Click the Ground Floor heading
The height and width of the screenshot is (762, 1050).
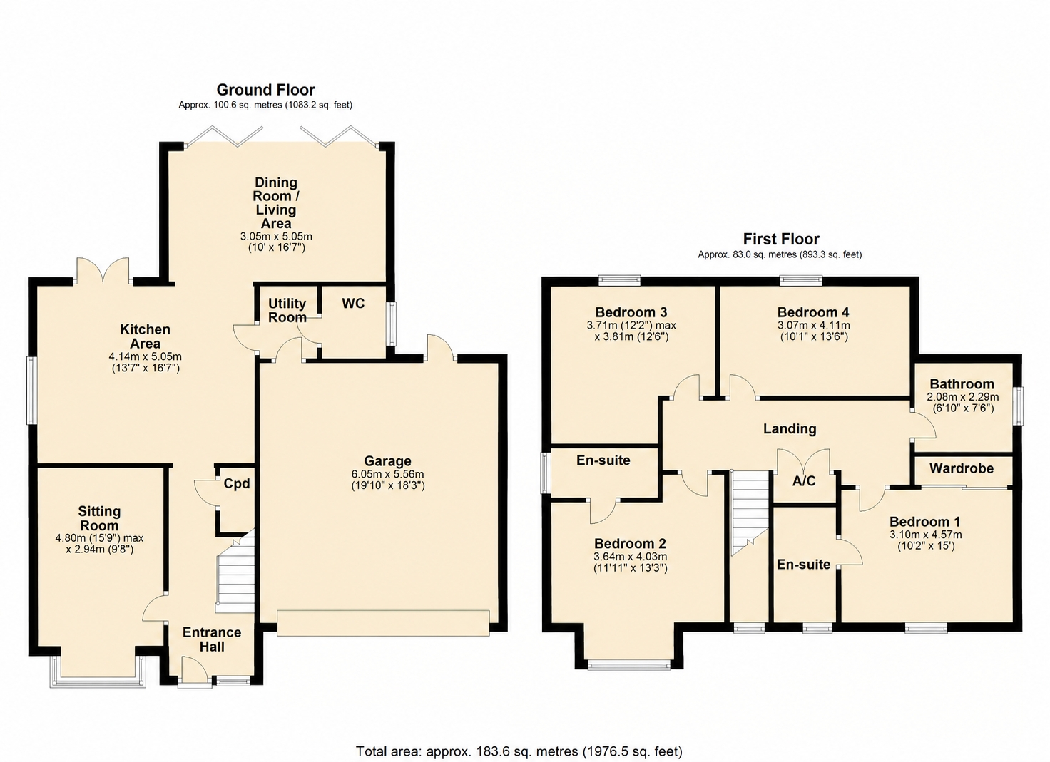266,89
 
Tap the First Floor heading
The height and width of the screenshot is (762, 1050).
781,239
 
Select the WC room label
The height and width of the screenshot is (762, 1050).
353,304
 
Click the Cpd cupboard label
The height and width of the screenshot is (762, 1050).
237,484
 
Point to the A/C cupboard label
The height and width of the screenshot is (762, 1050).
804,480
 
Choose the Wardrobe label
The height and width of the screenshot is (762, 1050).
962,468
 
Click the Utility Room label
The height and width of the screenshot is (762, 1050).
287,311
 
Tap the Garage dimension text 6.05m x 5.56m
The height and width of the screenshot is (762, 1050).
387,474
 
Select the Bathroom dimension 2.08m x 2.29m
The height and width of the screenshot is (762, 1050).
962,397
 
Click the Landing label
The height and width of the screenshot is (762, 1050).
790,428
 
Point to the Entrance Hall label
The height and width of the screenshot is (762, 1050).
212,639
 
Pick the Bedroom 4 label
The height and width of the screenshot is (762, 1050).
813,312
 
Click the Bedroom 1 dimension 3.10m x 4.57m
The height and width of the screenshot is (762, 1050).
926,535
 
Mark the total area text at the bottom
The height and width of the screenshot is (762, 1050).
519,738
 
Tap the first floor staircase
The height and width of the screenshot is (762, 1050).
750,513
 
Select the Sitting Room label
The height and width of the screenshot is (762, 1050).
99,518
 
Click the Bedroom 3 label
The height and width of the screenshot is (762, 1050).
631,312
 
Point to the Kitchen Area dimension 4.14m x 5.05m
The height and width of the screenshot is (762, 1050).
146,356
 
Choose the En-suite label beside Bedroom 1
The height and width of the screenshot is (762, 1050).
803,565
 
